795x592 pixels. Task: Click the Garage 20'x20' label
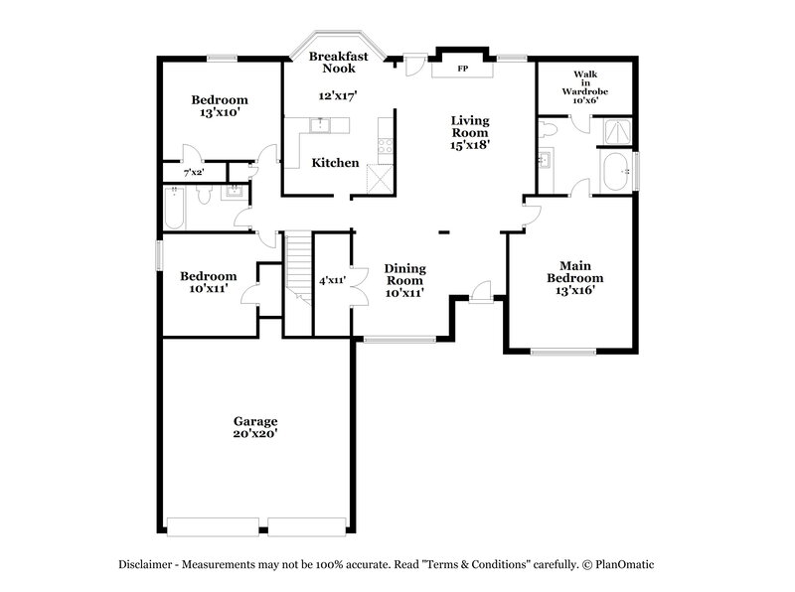click(x=255, y=427)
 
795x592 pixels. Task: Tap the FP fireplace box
click(x=463, y=70)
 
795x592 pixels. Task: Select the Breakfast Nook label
click(x=338, y=63)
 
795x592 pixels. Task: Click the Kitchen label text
click(x=335, y=162)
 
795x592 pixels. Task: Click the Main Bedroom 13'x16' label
click(x=575, y=277)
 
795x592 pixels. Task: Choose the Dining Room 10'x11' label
click(x=405, y=280)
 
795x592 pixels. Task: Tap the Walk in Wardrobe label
click(x=584, y=86)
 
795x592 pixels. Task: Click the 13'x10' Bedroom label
click(x=219, y=106)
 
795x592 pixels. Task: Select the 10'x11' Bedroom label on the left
click(x=208, y=282)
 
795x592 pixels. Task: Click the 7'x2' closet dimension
click(x=192, y=173)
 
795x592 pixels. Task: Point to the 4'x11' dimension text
click(x=331, y=281)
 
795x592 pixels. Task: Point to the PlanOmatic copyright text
click(x=621, y=563)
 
